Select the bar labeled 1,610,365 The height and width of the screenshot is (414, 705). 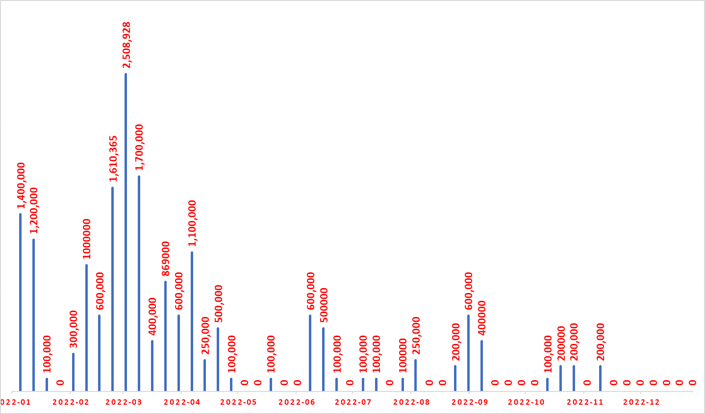(x=112, y=289)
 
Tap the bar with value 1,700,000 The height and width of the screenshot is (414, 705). (x=139, y=283)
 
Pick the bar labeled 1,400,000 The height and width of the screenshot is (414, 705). (x=20, y=302)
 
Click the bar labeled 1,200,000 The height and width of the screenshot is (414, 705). (x=33, y=315)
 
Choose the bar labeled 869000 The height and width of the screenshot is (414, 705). (x=165, y=336)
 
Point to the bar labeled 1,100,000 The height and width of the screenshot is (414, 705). (x=192, y=321)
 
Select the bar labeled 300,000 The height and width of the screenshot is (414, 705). (x=73, y=372)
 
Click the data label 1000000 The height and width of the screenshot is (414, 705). (x=87, y=239)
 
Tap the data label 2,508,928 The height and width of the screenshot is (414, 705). (x=126, y=45)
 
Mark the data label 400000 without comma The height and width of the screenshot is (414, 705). (x=482, y=318)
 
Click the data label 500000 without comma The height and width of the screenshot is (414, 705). (x=324, y=305)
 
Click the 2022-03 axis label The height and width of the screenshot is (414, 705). (x=124, y=402)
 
